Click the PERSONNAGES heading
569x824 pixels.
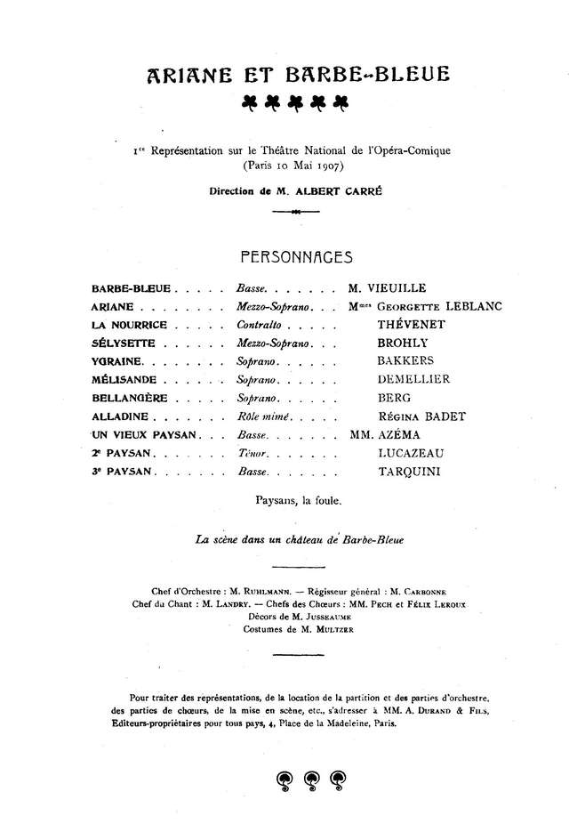click(x=297, y=257)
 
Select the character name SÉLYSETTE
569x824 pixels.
click(x=124, y=343)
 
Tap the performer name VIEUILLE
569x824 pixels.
click(x=397, y=287)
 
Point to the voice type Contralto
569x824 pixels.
click(x=262, y=325)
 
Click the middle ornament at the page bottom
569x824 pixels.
click(x=312, y=777)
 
